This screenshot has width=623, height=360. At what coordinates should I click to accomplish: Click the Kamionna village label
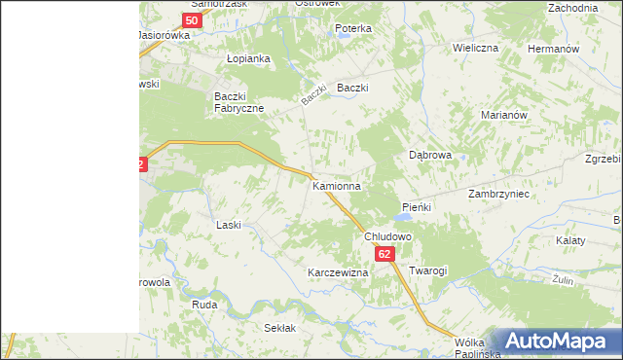pos(337,185)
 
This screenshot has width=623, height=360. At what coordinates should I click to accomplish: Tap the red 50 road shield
pos(193,19)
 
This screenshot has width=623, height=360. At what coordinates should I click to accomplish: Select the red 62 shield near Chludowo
pos(385,254)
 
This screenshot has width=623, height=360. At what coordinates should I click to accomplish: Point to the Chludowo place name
pos(388,236)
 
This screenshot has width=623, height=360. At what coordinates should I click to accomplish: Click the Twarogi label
pos(427,270)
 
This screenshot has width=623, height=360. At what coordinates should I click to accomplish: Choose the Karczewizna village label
pos(338,272)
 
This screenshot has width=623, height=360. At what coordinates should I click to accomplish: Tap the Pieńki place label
pos(417,207)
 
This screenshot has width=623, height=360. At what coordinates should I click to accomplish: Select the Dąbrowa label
pos(429,155)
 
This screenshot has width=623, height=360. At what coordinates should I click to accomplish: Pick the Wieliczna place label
pos(475,48)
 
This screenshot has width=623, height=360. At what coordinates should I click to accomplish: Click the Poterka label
pos(353,28)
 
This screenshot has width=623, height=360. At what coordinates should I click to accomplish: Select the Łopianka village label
pos(247,58)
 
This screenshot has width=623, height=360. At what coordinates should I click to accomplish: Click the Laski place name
pos(228,225)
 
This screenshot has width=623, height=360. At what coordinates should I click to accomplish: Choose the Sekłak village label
pos(279,329)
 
